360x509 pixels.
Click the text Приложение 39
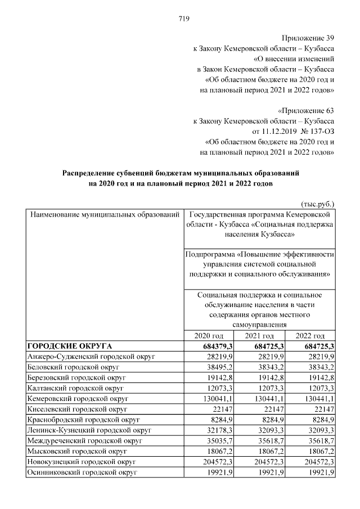point(307,38)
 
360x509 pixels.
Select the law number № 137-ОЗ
point(316,131)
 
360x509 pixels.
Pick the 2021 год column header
point(259,335)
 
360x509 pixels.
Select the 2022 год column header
point(310,335)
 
